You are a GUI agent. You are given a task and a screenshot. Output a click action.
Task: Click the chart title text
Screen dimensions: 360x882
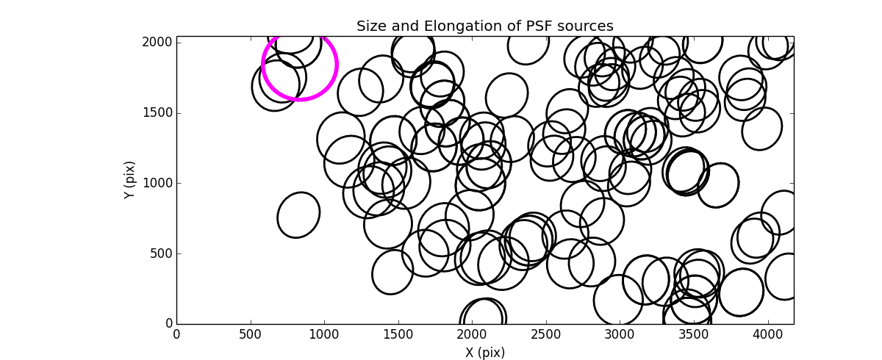click(484, 26)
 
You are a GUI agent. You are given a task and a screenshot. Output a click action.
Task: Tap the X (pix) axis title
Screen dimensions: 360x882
click(484, 353)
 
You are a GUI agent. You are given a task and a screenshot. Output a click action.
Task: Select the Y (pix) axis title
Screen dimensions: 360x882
click(130, 180)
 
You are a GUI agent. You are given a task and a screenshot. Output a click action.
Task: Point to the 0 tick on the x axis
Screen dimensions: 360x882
click(176, 334)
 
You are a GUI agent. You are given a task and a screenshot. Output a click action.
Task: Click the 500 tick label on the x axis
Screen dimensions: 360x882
click(251, 334)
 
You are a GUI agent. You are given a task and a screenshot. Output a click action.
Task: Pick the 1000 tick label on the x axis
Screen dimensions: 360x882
click(324, 334)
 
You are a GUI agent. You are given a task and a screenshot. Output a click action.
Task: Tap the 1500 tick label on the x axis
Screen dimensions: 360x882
click(398, 334)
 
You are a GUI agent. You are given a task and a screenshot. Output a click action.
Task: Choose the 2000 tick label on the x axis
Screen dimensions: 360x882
click(472, 334)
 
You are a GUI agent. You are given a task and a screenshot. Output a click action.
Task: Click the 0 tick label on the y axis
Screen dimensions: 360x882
click(168, 324)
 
